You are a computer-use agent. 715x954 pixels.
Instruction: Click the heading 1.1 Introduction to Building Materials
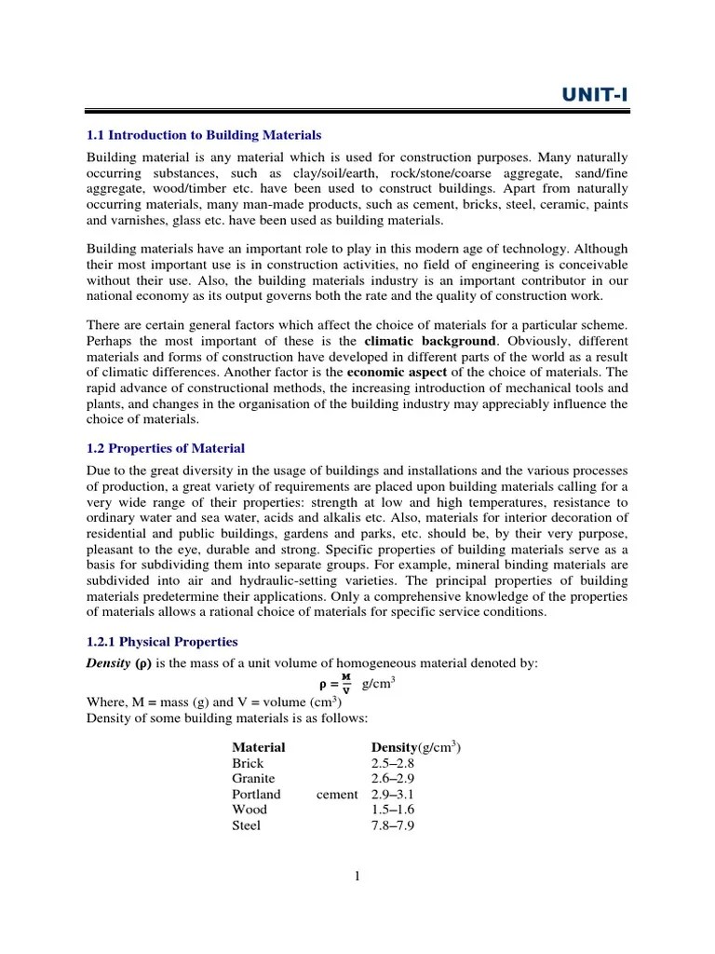[x=204, y=136]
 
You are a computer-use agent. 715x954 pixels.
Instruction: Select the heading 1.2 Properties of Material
[x=166, y=448]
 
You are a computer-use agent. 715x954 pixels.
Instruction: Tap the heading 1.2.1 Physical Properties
[x=162, y=642]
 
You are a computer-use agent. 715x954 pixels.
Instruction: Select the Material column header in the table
[x=258, y=747]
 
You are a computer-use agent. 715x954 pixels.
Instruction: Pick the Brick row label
[x=248, y=763]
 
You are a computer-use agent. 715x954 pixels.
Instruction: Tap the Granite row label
[x=253, y=779]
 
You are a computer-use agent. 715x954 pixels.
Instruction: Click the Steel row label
[x=246, y=825]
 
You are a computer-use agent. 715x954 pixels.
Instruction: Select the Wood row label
[x=249, y=810]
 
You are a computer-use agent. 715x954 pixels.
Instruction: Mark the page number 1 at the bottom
[x=357, y=875]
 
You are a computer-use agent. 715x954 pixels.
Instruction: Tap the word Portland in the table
[x=256, y=795]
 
